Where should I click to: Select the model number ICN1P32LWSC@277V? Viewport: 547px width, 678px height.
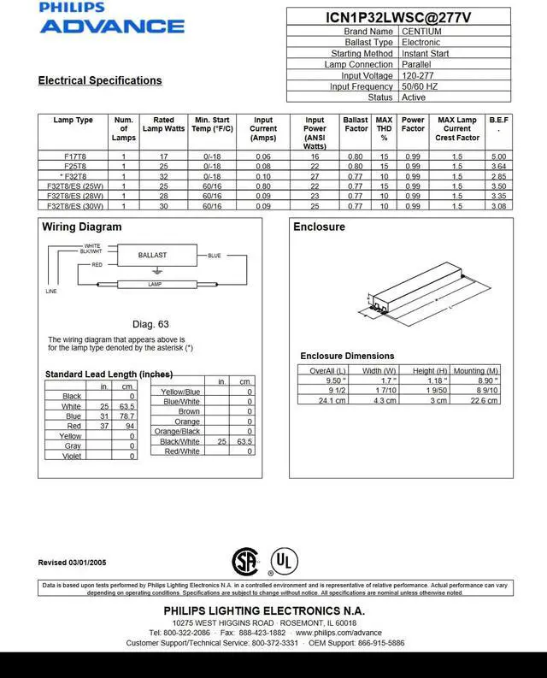398,17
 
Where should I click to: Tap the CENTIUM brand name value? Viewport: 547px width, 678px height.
421,32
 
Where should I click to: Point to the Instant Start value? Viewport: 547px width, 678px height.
426,54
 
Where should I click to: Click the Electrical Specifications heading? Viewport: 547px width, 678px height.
100,80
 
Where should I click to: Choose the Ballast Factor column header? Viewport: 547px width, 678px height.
356,126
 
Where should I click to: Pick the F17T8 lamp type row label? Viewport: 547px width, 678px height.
74,156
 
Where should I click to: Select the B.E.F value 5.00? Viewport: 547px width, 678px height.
499,156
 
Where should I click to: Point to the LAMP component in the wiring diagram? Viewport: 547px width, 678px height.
155,284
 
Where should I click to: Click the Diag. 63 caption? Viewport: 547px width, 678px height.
150,324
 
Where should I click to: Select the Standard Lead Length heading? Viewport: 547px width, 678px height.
109,374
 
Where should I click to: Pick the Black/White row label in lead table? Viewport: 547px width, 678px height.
179,441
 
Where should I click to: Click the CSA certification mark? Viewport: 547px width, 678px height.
245,561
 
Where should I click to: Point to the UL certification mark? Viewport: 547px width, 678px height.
285,563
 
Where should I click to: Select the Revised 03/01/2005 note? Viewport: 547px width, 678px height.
72,562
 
